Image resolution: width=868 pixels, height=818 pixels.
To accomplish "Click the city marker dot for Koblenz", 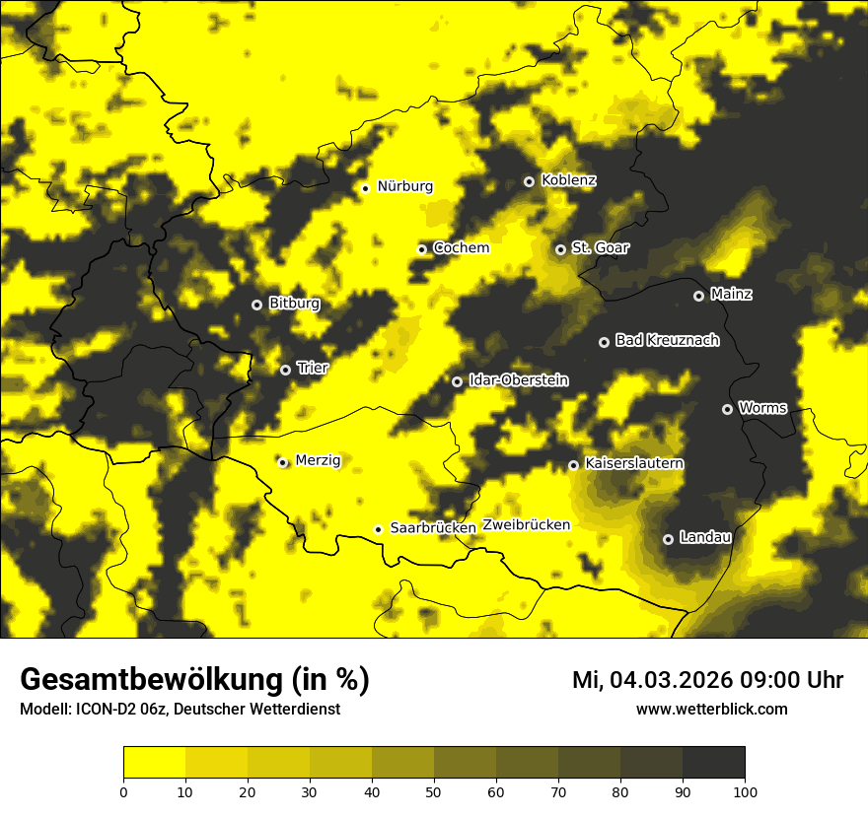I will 529,181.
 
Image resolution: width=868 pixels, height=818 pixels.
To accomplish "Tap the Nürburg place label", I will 404,186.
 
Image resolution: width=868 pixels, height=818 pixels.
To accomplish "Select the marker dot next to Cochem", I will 422,249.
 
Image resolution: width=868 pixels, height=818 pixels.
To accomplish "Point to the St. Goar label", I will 600,247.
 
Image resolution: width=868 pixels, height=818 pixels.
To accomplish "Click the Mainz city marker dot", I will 698,296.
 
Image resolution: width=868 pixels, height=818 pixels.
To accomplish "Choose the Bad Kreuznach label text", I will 667,340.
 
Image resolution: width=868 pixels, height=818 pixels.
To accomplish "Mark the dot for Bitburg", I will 256,305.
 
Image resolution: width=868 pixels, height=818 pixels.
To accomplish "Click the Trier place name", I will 313,368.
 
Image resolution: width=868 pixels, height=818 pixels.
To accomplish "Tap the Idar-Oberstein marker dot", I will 457,381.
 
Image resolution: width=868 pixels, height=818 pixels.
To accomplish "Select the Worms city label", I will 762,407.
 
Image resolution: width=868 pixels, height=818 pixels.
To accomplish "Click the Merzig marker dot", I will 282,462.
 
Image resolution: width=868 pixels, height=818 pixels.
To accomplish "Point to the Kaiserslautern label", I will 634,463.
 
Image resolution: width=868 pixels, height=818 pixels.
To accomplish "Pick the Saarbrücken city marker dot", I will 378,529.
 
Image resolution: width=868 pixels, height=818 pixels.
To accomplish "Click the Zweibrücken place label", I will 526,525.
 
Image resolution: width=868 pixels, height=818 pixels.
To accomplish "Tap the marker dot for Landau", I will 668,539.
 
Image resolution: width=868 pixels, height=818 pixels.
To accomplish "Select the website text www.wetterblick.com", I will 711,709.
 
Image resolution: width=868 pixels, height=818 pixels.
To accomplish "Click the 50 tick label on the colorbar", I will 434,791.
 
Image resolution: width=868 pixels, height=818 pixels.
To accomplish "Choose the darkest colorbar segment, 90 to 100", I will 713,763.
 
